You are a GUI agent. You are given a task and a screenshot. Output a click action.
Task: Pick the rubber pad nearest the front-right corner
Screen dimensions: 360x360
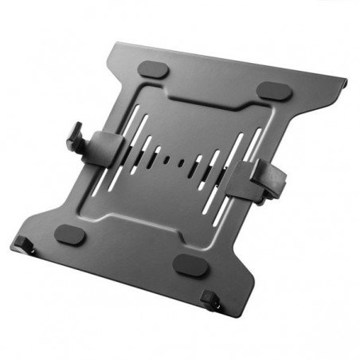tap(190, 265)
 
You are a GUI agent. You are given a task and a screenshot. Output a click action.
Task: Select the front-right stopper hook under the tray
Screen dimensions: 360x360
tap(211, 300)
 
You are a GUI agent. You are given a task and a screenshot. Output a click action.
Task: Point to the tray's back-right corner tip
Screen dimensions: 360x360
tap(347, 79)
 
